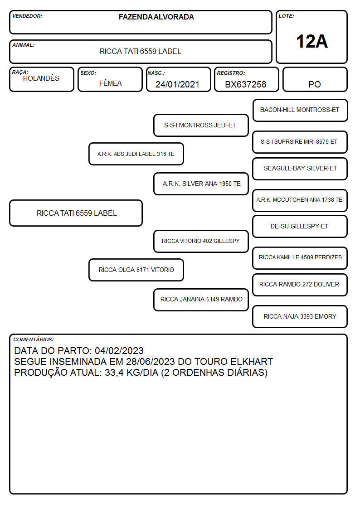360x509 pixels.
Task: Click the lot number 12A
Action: coord(311,42)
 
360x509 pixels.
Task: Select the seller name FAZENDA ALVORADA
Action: coord(156,17)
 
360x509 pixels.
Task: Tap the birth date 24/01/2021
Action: coord(177,84)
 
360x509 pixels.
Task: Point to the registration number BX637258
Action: coord(245,84)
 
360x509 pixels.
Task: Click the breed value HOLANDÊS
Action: coord(41,78)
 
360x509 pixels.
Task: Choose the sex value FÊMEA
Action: coord(110,83)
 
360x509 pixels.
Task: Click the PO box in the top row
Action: coord(315,79)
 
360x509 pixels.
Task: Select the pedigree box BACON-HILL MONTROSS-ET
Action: coord(300,111)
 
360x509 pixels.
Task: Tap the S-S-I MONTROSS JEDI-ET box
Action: coord(201,125)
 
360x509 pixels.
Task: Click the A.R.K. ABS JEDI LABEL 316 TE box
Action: coord(136,154)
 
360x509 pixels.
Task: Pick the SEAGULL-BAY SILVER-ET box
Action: coord(300,169)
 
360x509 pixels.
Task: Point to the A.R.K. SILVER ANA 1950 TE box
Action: coord(201,184)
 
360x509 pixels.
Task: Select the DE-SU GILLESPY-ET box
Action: coord(300,227)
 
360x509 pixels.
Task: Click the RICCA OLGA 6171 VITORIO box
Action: coord(136,270)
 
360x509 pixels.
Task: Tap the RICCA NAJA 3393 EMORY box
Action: coord(300,316)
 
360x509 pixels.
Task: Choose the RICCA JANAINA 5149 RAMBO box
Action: coord(201,300)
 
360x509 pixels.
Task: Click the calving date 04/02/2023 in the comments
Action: coord(119,350)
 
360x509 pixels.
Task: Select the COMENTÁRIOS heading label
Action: coord(34,339)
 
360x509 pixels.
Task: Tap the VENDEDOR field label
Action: coord(27,16)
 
